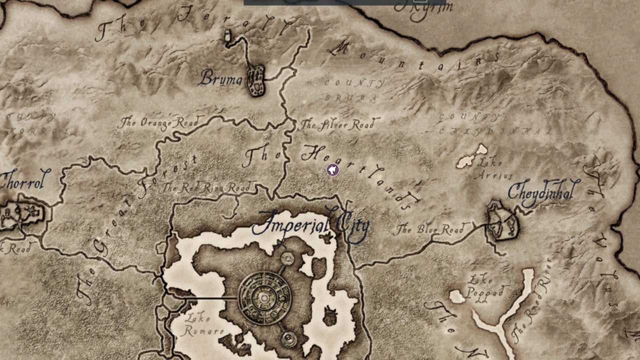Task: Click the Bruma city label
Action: [221, 78]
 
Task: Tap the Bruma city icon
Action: [256, 80]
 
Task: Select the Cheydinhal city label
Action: [543, 191]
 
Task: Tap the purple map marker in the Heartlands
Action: [332, 170]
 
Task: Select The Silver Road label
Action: [338, 124]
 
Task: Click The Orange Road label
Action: [158, 122]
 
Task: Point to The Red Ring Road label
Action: [206, 188]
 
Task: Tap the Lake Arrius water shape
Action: [471, 157]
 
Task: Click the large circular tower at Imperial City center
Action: [264, 298]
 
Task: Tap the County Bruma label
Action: [354, 90]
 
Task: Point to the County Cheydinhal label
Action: [495, 124]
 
